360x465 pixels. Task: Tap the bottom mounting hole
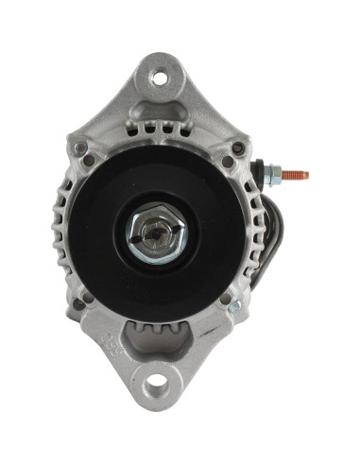point(157,387)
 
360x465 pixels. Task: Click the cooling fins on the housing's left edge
point(60,227)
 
